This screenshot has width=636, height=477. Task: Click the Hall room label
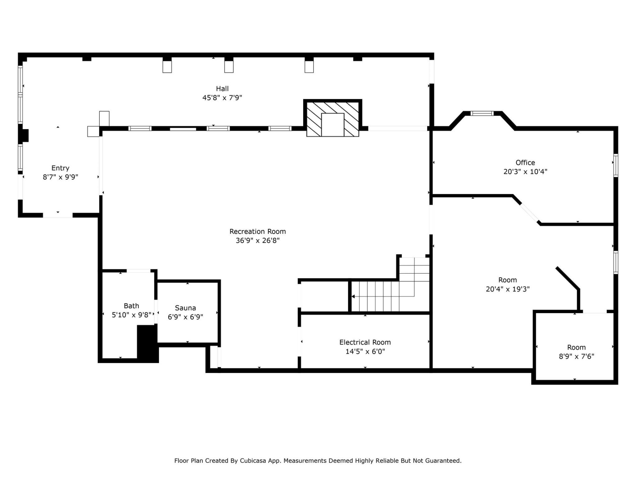click(x=222, y=89)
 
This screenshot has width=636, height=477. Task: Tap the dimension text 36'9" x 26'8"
click(x=257, y=240)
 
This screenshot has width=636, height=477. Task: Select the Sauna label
click(x=185, y=308)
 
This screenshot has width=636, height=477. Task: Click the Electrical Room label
click(x=365, y=342)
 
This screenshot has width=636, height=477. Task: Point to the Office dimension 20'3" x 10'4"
click(x=525, y=172)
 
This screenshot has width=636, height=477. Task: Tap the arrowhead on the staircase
click(x=353, y=296)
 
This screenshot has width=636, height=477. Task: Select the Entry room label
click(x=60, y=168)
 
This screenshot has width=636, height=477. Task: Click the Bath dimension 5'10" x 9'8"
click(x=132, y=315)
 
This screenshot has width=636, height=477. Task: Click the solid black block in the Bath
click(x=147, y=343)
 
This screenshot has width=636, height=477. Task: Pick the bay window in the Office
click(x=482, y=114)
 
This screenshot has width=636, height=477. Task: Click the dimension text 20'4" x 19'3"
click(x=507, y=289)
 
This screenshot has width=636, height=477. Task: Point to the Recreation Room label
click(x=257, y=232)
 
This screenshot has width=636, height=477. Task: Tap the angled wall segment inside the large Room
click(x=567, y=278)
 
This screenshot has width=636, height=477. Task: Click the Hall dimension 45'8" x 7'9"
click(x=222, y=98)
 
